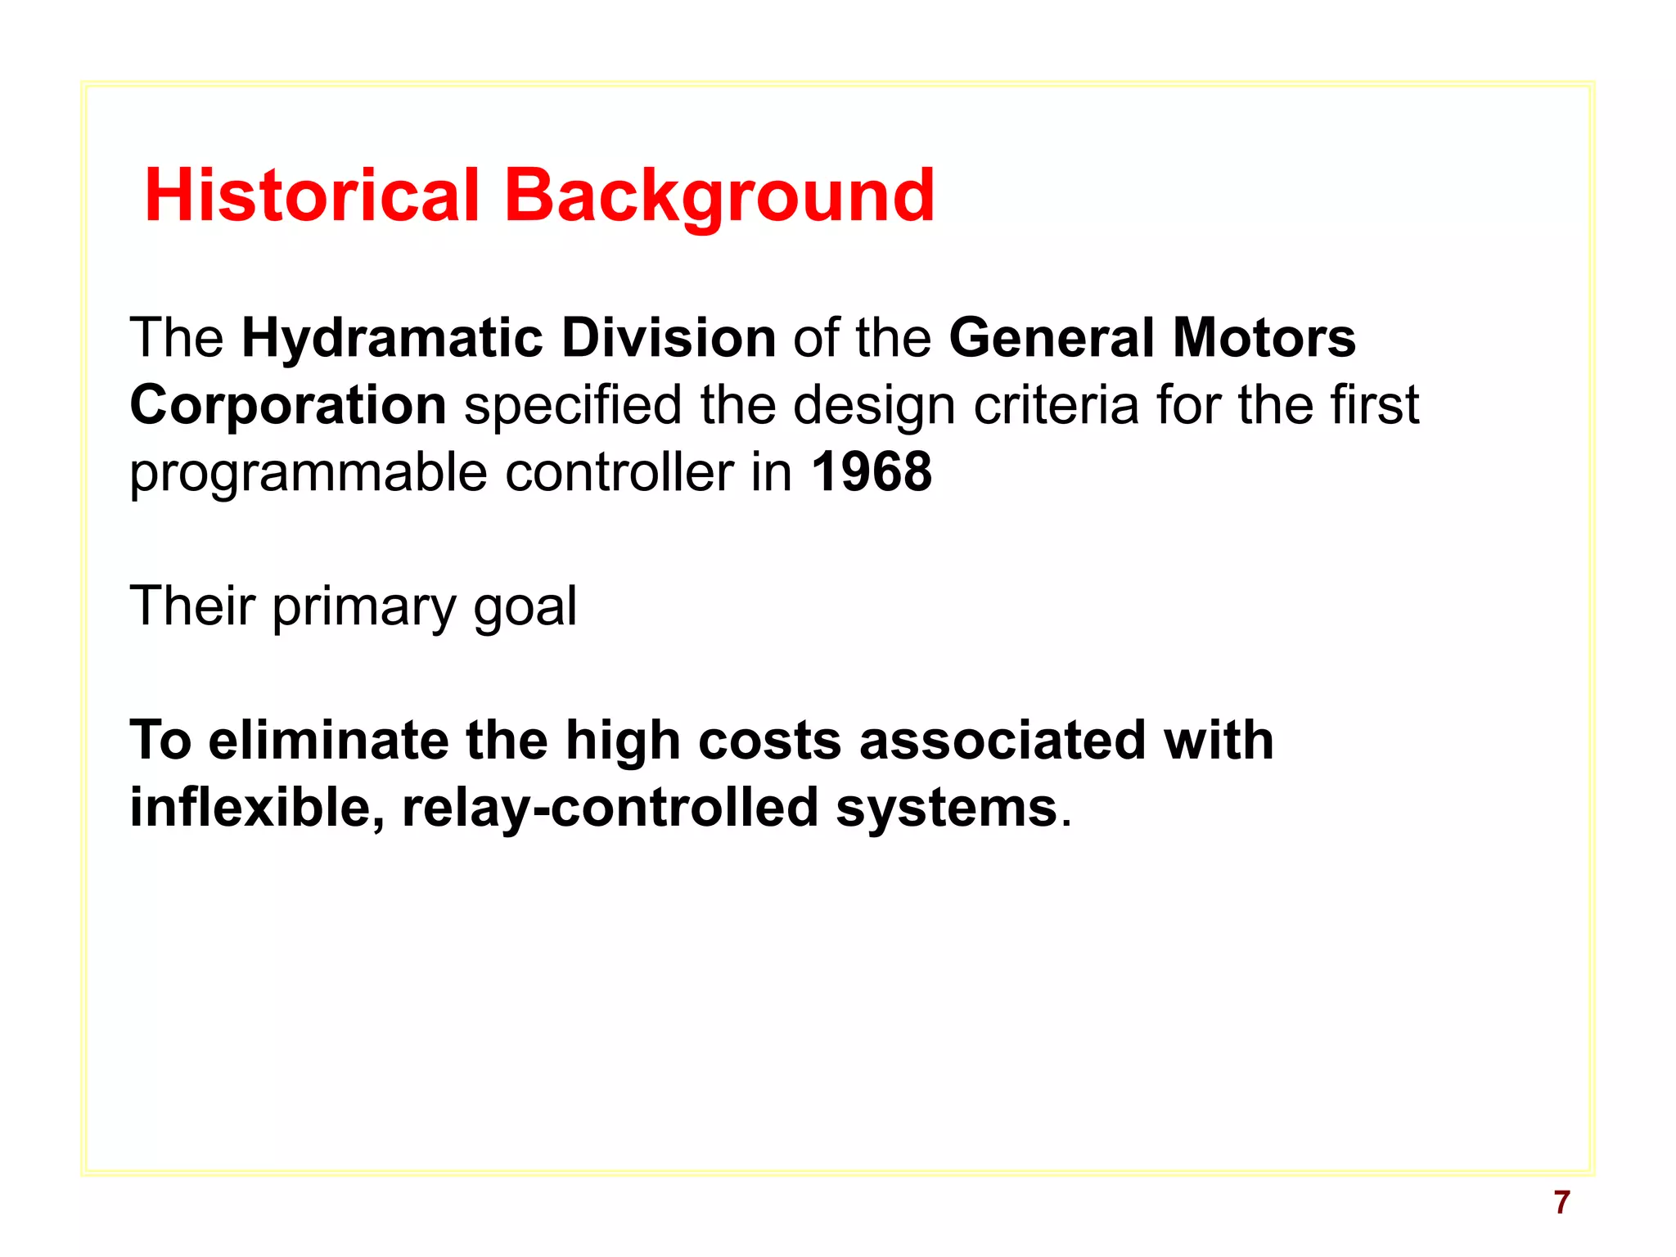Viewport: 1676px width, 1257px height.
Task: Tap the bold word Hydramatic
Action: click(393, 339)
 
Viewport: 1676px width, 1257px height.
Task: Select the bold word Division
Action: click(669, 339)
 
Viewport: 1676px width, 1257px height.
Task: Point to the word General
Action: click(1051, 339)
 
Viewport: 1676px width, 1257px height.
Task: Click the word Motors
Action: click(1264, 339)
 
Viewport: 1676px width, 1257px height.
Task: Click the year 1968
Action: click(872, 473)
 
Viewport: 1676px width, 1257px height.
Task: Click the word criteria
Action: click(1056, 406)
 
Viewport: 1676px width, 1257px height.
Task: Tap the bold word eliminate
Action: click(328, 741)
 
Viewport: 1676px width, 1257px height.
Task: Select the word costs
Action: click(769, 741)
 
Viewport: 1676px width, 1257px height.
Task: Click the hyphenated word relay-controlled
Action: click(610, 809)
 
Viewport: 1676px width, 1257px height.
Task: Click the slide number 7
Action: click(1561, 1202)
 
